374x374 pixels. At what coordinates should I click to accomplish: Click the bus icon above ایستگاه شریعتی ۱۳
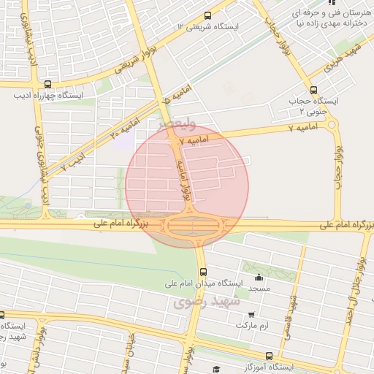pos(208,15)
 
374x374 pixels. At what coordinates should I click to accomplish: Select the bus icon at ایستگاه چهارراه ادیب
pos(48,83)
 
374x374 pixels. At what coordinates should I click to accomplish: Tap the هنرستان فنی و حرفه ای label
pos(329,13)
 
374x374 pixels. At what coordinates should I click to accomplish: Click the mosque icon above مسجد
pos(257,278)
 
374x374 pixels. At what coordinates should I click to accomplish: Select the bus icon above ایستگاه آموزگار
pos(270,356)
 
